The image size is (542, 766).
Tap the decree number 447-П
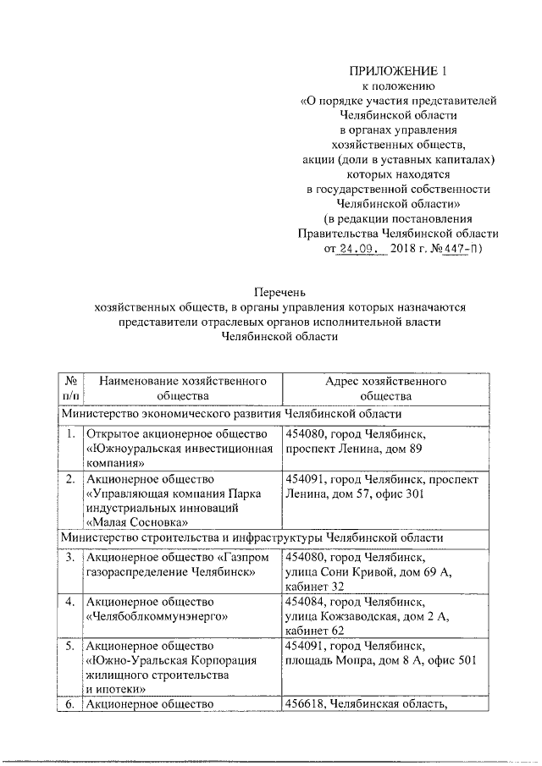456,251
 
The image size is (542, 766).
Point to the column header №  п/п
70,388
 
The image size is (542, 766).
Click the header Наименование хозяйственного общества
182,388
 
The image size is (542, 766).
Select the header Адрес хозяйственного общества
385,388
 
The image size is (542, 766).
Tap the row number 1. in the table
70,433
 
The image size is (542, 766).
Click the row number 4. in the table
70,602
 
